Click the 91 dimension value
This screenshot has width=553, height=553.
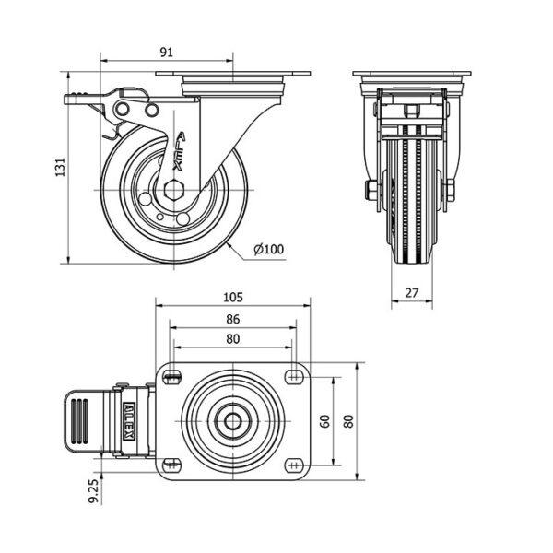(167, 53)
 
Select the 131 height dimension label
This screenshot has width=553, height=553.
(61, 167)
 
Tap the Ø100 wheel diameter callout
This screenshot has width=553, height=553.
(269, 249)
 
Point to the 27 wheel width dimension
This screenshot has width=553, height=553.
(412, 293)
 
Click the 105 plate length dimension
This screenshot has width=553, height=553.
(233, 298)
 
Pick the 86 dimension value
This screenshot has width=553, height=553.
(233, 319)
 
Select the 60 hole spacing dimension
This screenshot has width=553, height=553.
(324, 421)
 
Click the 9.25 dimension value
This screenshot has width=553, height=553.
(94, 492)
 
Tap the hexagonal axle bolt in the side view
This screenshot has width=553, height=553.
(173, 190)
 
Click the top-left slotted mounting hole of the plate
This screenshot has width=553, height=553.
(171, 377)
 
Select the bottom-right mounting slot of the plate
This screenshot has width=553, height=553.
(295, 465)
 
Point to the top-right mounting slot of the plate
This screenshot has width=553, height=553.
(295, 377)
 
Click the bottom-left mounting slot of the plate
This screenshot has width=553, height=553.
(171, 465)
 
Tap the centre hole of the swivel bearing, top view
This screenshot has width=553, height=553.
(233, 421)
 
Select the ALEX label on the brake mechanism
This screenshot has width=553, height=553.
(129, 421)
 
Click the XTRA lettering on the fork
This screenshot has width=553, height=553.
(179, 151)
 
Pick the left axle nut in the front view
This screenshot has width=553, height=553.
(371, 190)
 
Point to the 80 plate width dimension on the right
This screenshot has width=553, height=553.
(348, 421)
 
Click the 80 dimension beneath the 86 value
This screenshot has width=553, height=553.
(233, 339)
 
